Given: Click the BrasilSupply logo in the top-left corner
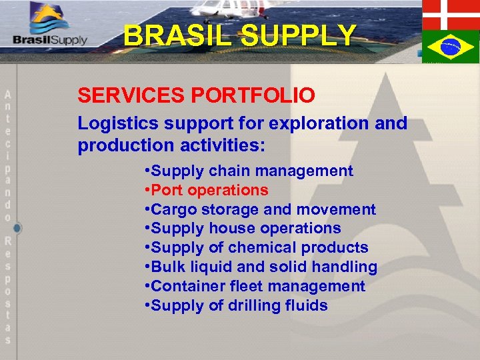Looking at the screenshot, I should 51,27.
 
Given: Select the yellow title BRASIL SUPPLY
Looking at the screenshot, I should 240,35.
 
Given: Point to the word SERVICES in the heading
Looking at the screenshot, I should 131,95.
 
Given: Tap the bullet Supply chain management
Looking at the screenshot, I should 248,171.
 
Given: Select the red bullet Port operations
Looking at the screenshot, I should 206,190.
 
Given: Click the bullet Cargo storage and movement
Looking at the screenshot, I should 259,209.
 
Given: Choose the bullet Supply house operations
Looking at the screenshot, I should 242,228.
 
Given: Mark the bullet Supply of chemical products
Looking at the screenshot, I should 256,247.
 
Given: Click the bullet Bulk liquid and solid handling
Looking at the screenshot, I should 260,267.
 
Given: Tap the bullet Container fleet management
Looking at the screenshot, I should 254,286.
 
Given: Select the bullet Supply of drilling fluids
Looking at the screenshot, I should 235,305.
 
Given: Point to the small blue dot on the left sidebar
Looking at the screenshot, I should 17,228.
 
